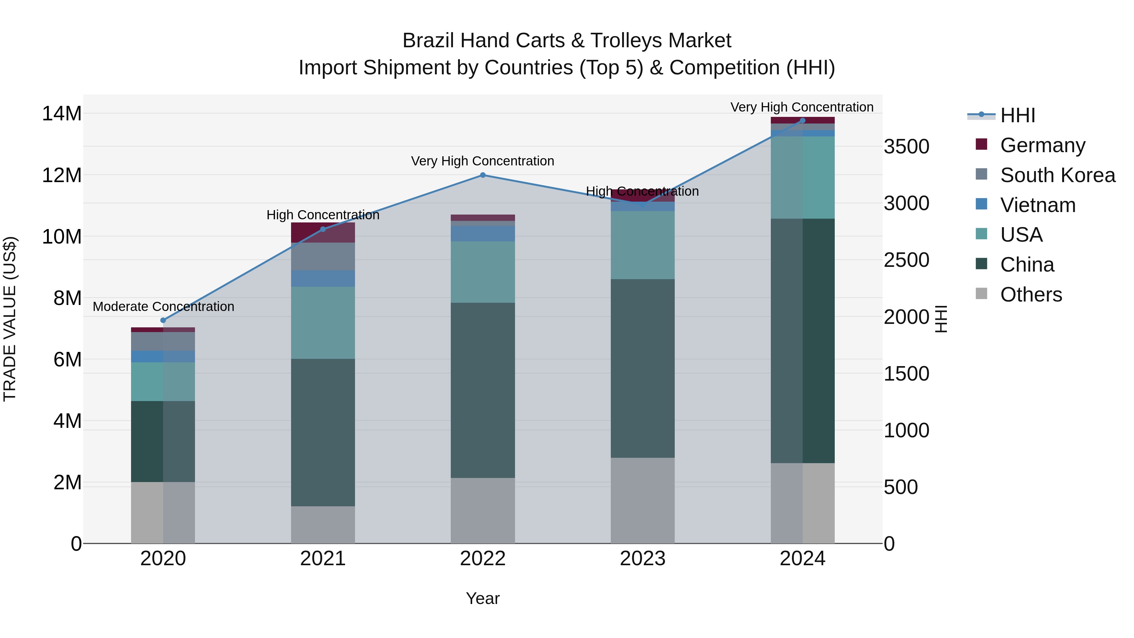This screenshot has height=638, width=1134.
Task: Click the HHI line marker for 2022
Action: coord(483,175)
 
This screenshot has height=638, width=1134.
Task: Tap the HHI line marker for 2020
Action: coord(163,320)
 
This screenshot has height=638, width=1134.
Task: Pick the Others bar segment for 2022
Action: coord(483,510)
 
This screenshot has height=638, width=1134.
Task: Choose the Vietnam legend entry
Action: coord(1038,205)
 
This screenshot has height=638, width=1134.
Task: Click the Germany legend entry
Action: coord(1042,145)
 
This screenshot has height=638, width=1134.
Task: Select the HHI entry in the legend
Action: coord(1017,115)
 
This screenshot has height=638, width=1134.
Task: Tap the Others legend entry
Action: coord(1031,294)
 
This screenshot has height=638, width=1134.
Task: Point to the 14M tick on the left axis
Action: coord(62,114)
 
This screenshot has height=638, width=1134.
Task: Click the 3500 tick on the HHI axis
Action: coord(906,147)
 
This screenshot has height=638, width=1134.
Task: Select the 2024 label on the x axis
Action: coord(802,559)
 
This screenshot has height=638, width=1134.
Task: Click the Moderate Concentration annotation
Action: coord(163,307)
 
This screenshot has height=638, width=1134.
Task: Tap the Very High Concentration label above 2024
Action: coord(802,107)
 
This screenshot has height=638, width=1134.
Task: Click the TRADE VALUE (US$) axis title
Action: coord(10,319)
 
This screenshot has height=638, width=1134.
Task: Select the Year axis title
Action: coord(483,598)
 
